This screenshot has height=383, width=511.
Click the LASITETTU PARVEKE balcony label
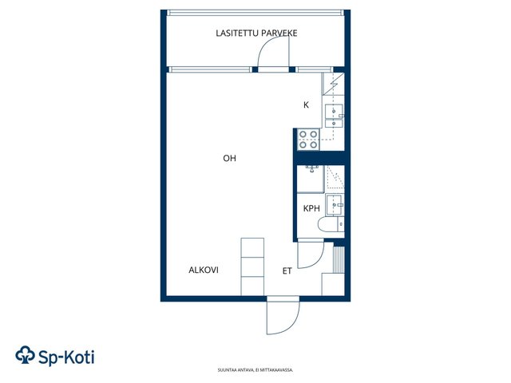256,34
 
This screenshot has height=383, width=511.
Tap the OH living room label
229,158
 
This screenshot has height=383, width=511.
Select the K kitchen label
306,105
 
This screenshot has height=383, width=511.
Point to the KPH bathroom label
311,208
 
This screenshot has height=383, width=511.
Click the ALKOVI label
204,270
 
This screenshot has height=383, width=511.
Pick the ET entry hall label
287,271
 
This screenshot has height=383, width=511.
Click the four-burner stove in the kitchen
308,140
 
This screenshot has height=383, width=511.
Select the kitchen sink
334,116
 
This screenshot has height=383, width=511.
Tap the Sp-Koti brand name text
66,357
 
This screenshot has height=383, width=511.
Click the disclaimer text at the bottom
255,370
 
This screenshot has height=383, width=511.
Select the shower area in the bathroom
335,177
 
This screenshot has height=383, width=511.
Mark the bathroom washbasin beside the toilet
335,204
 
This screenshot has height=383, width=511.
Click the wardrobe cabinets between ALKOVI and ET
252,267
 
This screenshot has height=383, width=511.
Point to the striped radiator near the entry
339,259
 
